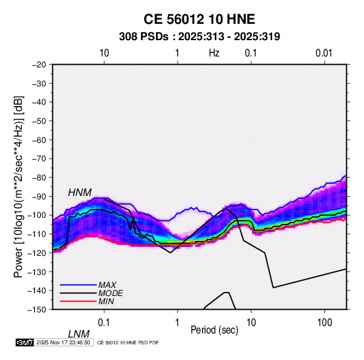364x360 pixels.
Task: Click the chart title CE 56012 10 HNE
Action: (199, 19)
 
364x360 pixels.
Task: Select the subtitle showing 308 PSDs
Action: (199, 37)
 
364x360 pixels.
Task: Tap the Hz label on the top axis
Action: (214, 53)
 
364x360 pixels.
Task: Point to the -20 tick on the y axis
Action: (39, 65)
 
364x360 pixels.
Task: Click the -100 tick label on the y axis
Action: (37, 215)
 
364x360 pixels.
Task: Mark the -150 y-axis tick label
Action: (37, 310)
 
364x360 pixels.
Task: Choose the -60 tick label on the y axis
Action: (39, 140)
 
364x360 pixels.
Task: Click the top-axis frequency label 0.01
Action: (324, 53)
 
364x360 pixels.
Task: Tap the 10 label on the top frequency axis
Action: (104, 53)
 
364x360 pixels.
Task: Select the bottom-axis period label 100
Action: (325, 323)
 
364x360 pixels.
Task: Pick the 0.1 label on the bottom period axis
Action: (104, 323)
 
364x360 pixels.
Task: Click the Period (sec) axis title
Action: (214, 330)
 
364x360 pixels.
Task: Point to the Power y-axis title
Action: (18, 186)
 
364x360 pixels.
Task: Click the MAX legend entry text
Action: (107, 285)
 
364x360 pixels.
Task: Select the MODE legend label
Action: (110, 293)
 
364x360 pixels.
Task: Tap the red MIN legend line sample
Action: (78, 301)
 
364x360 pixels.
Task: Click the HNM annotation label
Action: (80, 193)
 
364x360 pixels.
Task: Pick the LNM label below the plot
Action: (78, 334)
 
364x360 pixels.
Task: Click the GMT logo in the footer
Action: (24, 342)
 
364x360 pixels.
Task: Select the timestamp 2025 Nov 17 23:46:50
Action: (63, 342)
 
